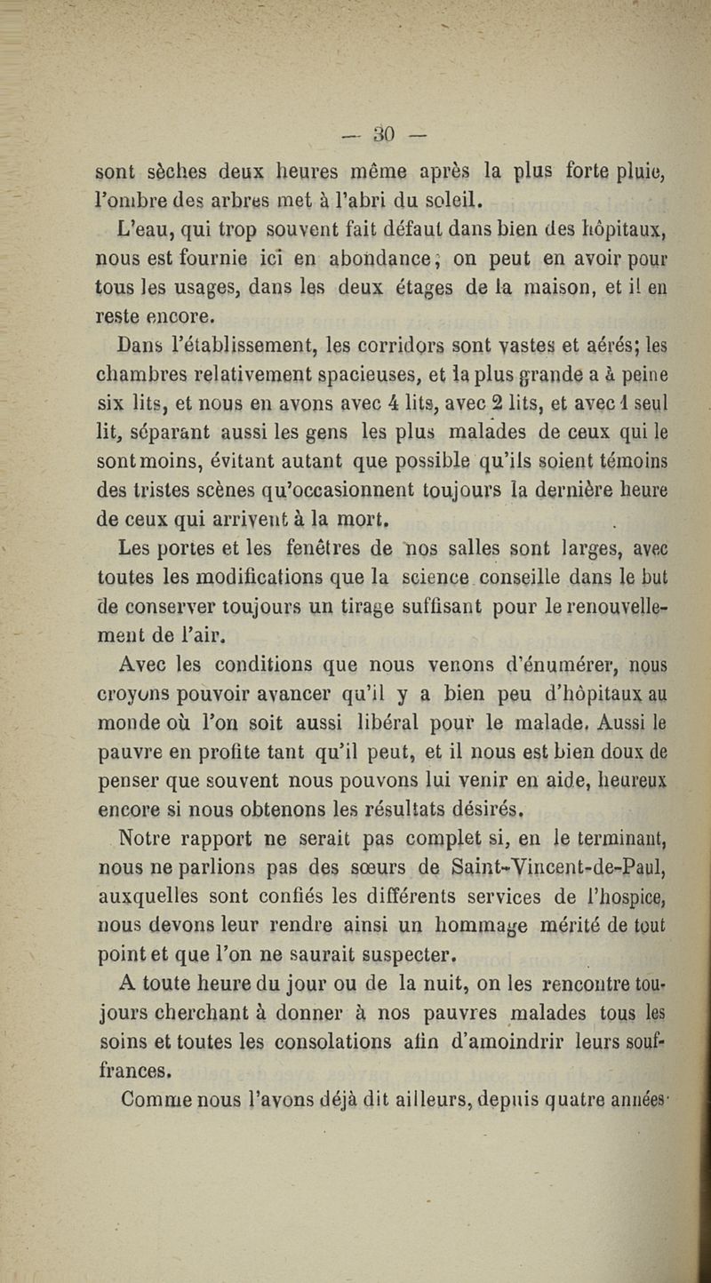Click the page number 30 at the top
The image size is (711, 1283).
(x=384, y=135)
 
